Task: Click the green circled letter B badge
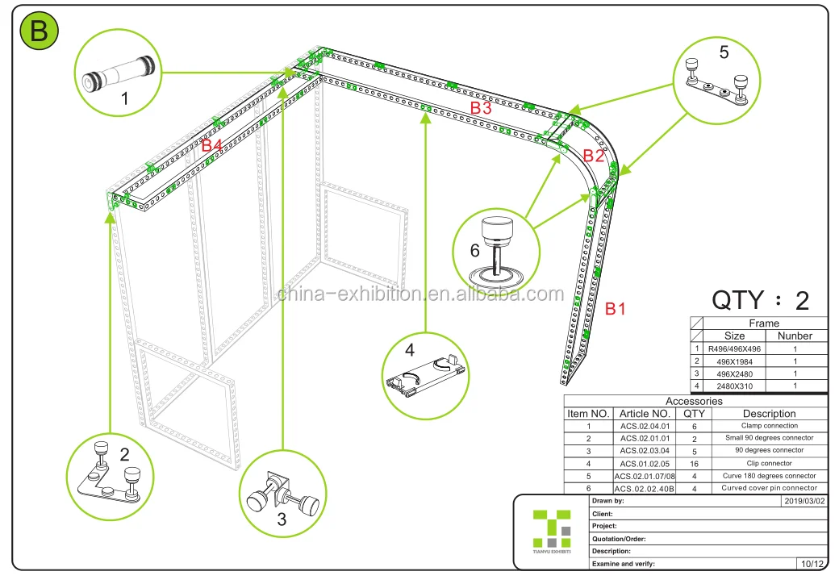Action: [x=39, y=31]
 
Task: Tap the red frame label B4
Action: [x=211, y=145]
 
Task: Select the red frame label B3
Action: [x=481, y=107]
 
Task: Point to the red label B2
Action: [x=593, y=156]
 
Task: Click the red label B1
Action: [x=616, y=308]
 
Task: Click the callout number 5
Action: [x=724, y=52]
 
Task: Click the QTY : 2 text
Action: [x=759, y=300]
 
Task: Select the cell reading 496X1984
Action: [x=734, y=361]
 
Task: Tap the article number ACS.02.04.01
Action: [x=645, y=426]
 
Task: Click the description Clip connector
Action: [x=770, y=463]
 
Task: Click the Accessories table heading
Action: [x=694, y=401]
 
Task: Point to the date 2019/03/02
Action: [x=804, y=501]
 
